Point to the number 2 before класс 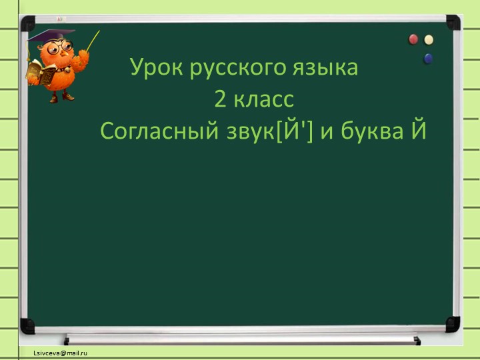coord(221,100)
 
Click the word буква coord(370,131)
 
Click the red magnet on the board coord(413,39)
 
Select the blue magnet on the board coord(428,59)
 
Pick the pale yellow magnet coord(429,40)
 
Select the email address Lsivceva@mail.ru coord(62,353)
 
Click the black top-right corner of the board coord(453,23)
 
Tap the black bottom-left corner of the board coord(27,326)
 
